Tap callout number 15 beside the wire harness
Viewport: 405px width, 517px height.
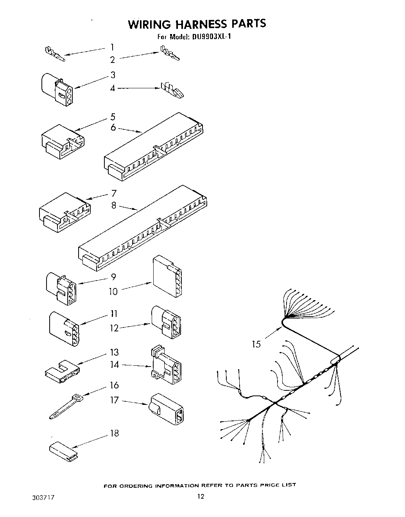256,344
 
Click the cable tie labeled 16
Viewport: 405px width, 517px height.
65,407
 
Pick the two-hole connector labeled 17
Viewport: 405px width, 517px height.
167,409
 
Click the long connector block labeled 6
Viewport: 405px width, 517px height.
154,147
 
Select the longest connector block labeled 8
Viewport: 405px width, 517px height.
143,229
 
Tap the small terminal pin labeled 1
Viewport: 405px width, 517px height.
55,54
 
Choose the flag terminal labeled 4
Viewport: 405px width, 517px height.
172,90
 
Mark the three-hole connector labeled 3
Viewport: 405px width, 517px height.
57,89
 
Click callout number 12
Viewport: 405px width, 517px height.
114,328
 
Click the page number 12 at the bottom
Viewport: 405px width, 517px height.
200,497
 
